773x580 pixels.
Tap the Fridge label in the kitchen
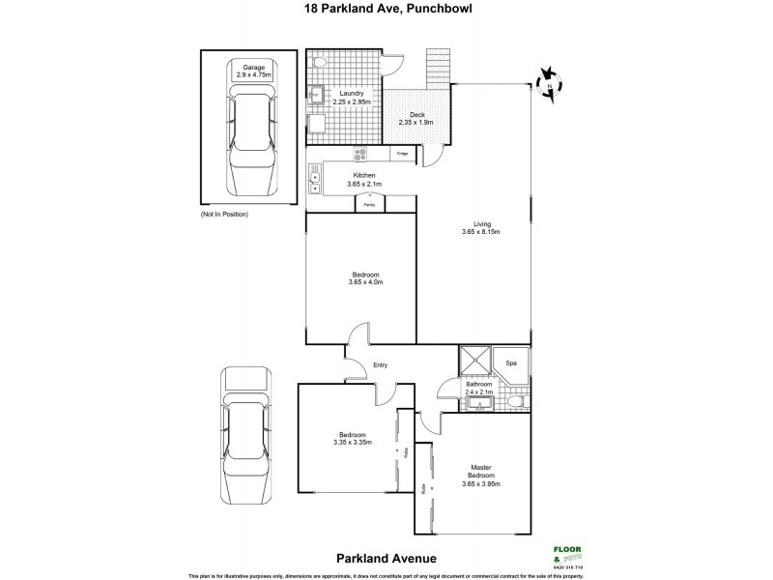[x=401, y=153]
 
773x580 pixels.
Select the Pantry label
[x=369, y=205]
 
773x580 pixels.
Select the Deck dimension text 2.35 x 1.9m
[x=416, y=123]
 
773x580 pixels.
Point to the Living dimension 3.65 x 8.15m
[x=480, y=232]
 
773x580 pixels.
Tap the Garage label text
[x=254, y=68]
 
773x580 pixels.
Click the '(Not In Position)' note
[x=224, y=214]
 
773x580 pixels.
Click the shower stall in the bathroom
[x=475, y=362]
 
